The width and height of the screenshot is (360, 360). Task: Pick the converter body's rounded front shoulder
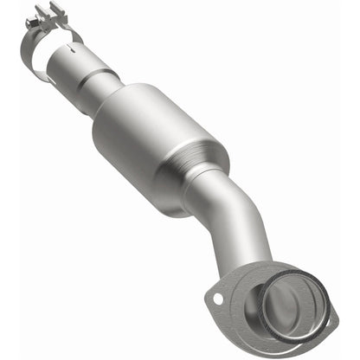click(121, 104)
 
